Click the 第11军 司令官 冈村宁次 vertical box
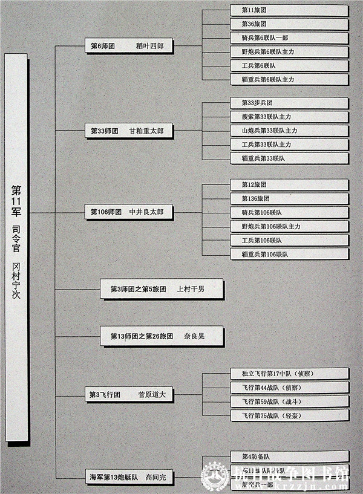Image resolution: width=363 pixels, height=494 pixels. [x=16, y=247]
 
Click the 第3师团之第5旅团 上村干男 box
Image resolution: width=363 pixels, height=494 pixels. [x=162, y=289]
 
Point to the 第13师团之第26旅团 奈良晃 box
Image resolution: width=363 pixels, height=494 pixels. [x=162, y=336]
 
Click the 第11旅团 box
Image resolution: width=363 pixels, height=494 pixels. [x=289, y=10]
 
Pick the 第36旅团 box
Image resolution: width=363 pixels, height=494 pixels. [x=289, y=24]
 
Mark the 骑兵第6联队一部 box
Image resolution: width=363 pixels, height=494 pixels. [x=289, y=38]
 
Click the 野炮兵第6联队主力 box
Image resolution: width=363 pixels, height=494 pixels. [x=289, y=52]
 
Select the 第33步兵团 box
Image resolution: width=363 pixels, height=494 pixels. [x=289, y=103]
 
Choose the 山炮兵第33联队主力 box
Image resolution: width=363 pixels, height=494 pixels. [x=289, y=131]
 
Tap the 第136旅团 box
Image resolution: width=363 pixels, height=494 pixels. [x=289, y=198]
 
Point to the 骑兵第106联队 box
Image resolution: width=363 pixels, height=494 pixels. [x=289, y=212]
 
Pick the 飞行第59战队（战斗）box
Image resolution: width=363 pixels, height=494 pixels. [x=289, y=401]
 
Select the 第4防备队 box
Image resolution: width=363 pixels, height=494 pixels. [x=289, y=457]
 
